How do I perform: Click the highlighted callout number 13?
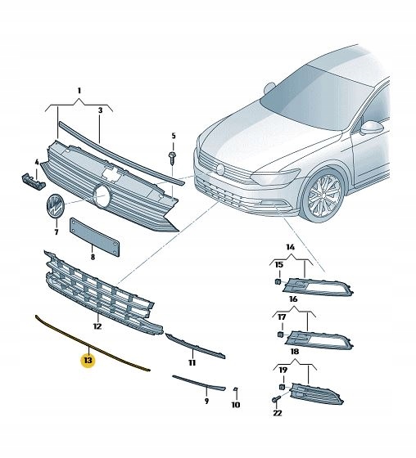(x=88, y=358)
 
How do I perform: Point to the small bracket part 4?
(x=27, y=179)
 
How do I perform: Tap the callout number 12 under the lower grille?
(x=97, y=326)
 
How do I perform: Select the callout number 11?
(x=192, y=362)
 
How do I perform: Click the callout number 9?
(x=206, y=402)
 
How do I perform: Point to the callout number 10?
(x=235, y=404)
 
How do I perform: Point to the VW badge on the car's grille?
(x=220, y=168)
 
